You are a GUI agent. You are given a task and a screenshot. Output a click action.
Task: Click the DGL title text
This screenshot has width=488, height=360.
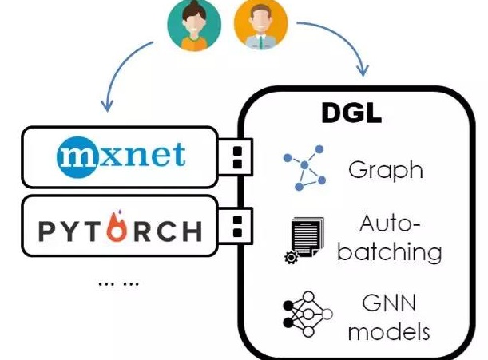[x=351, y=113]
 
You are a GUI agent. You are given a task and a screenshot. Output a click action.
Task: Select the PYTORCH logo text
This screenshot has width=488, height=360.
[x=120, y=231]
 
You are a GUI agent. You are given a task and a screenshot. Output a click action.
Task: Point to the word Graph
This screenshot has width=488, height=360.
[x=385, y=169]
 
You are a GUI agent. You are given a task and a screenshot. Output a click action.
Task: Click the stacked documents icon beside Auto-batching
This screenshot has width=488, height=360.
[x=304, y=239]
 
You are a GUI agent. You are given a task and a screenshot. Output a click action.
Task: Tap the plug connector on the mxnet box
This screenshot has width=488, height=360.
[x=236, y=155]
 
